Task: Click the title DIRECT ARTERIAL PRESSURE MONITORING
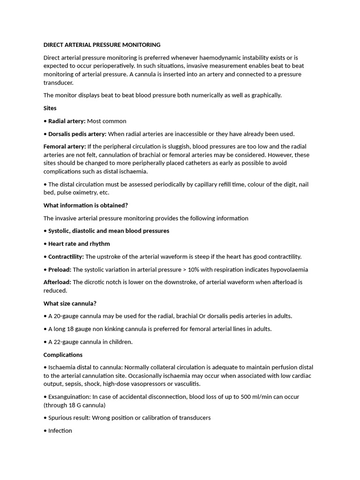[102, 45]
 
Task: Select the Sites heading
[50, 108]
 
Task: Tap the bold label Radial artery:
[67, 121]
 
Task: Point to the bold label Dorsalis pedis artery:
[77, 134]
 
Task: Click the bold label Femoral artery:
[65, 147]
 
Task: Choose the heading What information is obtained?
[86, 205]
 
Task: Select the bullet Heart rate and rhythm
[79, 244]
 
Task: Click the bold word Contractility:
[66, 257]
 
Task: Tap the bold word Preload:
[60, 270]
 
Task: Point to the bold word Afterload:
[57, 282]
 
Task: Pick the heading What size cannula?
[70, 303]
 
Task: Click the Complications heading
[63, 355]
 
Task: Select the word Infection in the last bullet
[60, 431]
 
